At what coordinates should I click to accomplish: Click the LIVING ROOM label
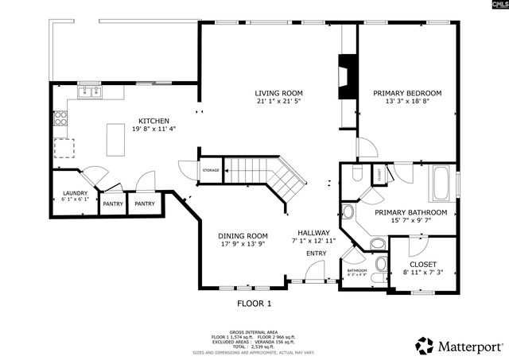click(278, 93)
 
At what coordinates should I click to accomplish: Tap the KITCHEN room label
click(153, 121)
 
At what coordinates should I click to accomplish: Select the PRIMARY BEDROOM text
click(407, 93)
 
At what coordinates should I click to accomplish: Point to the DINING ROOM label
click(243, 235)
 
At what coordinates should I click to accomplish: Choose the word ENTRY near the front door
click(316, 254)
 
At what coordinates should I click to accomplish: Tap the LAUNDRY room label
click(76, 193)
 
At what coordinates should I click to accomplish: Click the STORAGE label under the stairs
click(210, 170)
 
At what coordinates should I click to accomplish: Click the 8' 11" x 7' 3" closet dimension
click(422, 273)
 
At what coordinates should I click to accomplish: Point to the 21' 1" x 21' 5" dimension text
click(278, 102)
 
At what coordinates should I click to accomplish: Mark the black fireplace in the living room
click(348, 77)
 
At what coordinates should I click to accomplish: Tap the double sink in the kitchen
click(89, 93)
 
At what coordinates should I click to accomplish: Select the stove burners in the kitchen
click(60, 120)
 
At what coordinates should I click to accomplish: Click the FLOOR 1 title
click(254, 304)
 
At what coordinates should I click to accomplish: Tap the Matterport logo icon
click(425, 346)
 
